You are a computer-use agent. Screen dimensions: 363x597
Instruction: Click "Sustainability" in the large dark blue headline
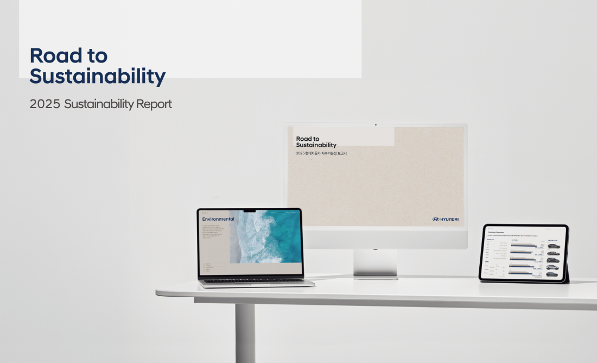point(97,77)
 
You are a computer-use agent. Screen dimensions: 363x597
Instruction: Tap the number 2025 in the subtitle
point(45,104)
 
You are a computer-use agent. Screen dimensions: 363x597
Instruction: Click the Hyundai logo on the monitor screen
point(446,219)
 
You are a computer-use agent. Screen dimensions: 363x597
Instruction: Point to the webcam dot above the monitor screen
point(376,124)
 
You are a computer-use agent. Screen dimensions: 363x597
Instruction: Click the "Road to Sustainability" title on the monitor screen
point(316,142)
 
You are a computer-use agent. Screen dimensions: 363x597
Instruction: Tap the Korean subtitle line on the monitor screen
point(321,153)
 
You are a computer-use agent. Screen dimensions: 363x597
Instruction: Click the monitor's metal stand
point(375,265)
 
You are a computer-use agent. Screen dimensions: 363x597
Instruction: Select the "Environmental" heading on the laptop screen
point(218,219)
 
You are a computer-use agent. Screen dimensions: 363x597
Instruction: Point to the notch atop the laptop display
point(250,210)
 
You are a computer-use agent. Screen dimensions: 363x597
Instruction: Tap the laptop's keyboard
point(255,280)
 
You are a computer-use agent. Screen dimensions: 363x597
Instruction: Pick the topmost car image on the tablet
point(552,246)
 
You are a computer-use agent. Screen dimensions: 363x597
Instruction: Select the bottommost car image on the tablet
point(552,275)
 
